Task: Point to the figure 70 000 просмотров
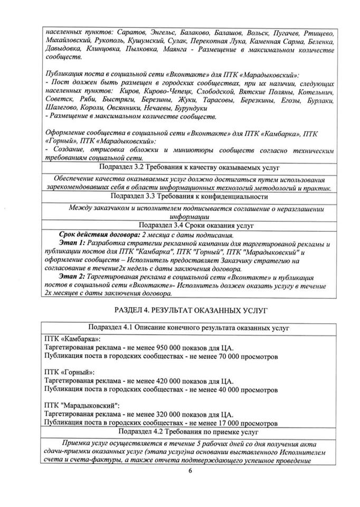243,357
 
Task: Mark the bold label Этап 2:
73,275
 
